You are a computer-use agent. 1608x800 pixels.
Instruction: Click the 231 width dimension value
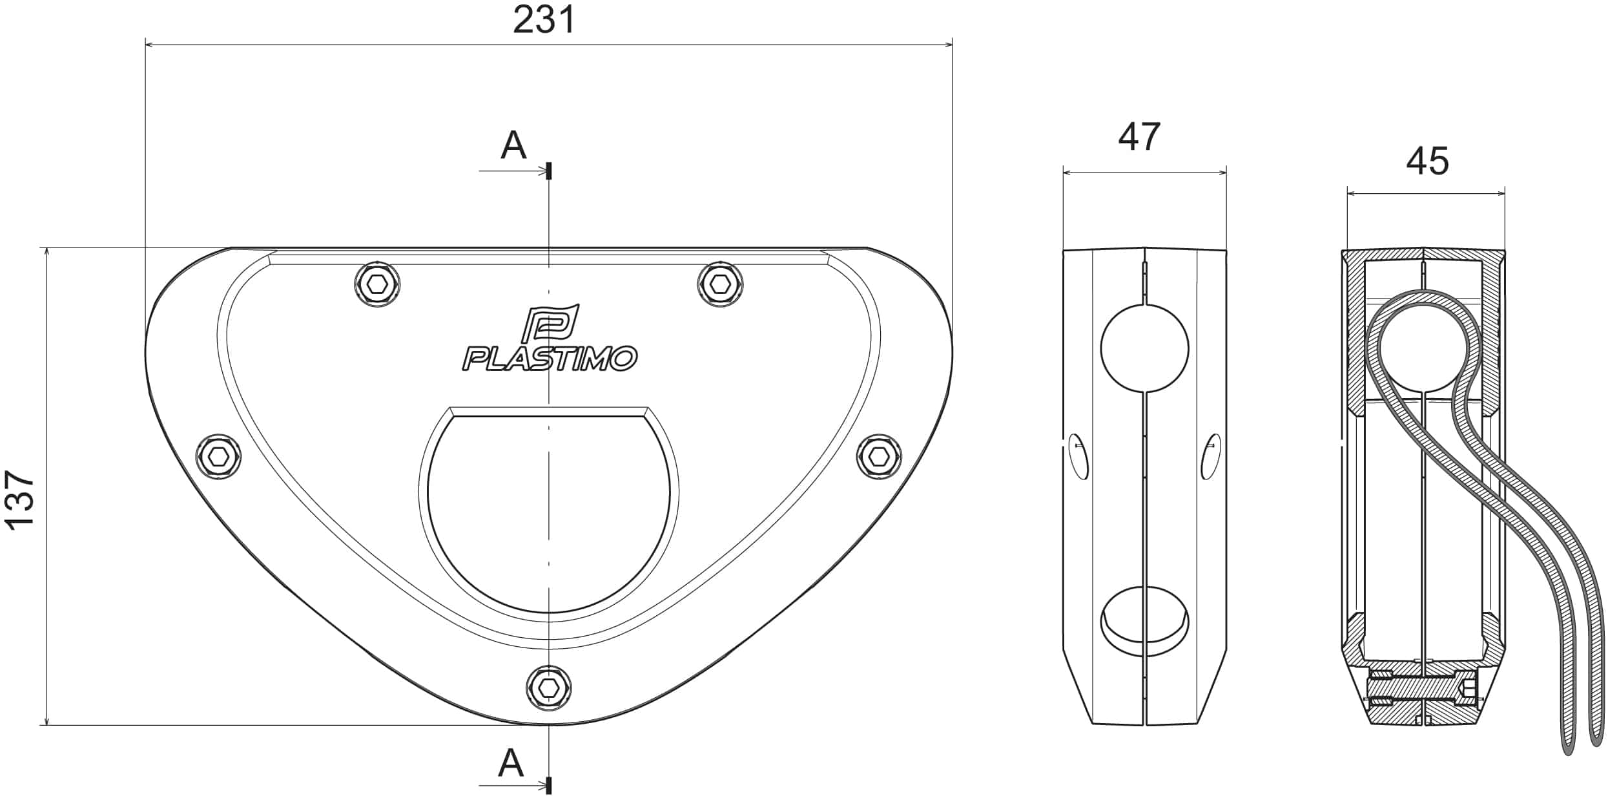click(x=544, y=20)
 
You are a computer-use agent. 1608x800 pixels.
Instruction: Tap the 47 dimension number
click(x=1139, y=137)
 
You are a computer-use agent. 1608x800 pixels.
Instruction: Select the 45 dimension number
click(x=1427, y=161)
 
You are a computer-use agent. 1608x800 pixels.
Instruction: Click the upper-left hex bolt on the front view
click(x=378, y=284)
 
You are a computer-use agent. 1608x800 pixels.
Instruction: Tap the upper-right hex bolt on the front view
click(x=720, y=284)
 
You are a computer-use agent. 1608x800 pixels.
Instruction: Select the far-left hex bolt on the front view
click(x=219, y=457)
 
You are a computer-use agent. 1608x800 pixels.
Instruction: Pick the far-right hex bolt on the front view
click(x=879, y=457)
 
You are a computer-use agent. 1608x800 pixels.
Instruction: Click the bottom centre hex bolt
click(x=549, y=688)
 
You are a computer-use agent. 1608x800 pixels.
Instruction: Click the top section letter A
click(x=513, y=145)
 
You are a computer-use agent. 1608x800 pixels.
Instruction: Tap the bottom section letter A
click(x=511, y=764)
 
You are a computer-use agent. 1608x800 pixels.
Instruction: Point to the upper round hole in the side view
click(x=1144, y=348)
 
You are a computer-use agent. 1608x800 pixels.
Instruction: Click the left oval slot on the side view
click(x=1078, y=456)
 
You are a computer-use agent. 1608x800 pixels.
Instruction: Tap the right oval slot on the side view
click(x=1211, y=456)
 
